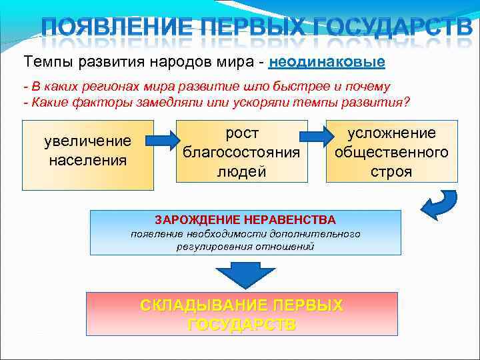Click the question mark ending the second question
click(x=408, y=102)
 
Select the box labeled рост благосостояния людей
click(x=241, y=152)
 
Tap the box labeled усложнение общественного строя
click(x=391, y=152)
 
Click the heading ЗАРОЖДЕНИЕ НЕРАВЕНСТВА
click(x=245, y=219)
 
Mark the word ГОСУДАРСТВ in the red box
click(x=242, y=325)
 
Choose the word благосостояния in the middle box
click(x=241, y=152)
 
